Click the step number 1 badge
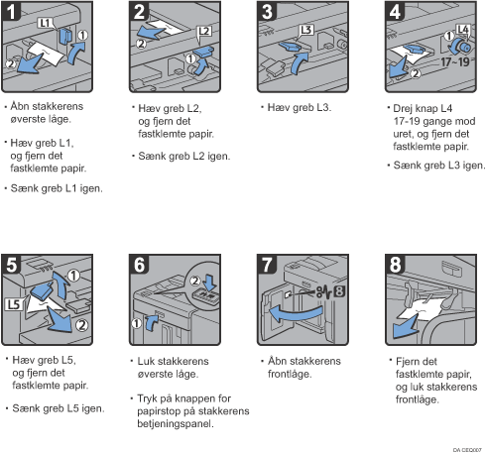11,11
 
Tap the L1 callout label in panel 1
45,23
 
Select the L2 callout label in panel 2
204,32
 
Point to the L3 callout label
306,30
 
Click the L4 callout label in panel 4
463,30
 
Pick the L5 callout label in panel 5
14,304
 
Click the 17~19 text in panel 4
455,61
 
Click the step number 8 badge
396,265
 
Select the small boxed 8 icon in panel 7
339,291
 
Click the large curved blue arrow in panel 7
296,314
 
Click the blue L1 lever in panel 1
65,36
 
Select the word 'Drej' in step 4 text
402,108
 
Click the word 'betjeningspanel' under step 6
175,423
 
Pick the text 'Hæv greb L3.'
300,107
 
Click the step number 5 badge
12,265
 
